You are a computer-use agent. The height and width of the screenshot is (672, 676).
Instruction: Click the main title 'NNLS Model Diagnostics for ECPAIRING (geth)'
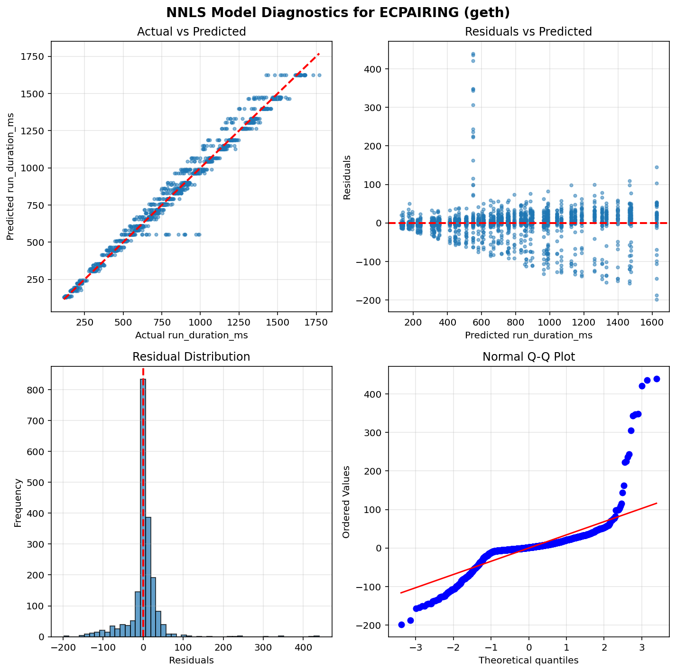pyautogui.click(x=338, y=12)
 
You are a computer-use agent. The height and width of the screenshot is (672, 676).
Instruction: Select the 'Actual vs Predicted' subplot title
pyautogui.click(x=191, y=32)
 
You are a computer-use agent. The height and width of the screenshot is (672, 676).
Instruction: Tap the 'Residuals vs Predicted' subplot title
pyautogui.click(x=528, y=32)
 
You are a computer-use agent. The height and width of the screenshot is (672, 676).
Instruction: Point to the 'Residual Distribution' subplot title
pyautogui.click(x=191, y=357)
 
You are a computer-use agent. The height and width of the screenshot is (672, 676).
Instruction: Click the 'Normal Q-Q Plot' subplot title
pyautogui.click(x=528, y=357)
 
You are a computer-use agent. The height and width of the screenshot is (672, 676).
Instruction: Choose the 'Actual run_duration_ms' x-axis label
pyautogui.click(x=191, y=336)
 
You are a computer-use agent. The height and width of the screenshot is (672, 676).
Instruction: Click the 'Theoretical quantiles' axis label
pyautogui.click(x=528, y=660)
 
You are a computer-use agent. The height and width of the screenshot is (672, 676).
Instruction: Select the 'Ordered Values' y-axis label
pyautogui.click(x=346, y=502)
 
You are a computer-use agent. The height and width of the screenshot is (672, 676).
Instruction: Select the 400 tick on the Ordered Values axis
pyautogui.click(x=373, y=394)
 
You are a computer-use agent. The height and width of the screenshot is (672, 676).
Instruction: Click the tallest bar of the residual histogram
pyautogui.click(x=143, y=508)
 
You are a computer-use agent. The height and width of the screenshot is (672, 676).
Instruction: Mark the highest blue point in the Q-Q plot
pyautogui.click(x=657, y=379)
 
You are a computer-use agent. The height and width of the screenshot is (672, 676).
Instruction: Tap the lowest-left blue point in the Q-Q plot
pyautogui.click(x=401, y=625)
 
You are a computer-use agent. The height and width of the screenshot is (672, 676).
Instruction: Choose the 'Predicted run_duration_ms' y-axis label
pyautogui.click(x=10, y=176)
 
